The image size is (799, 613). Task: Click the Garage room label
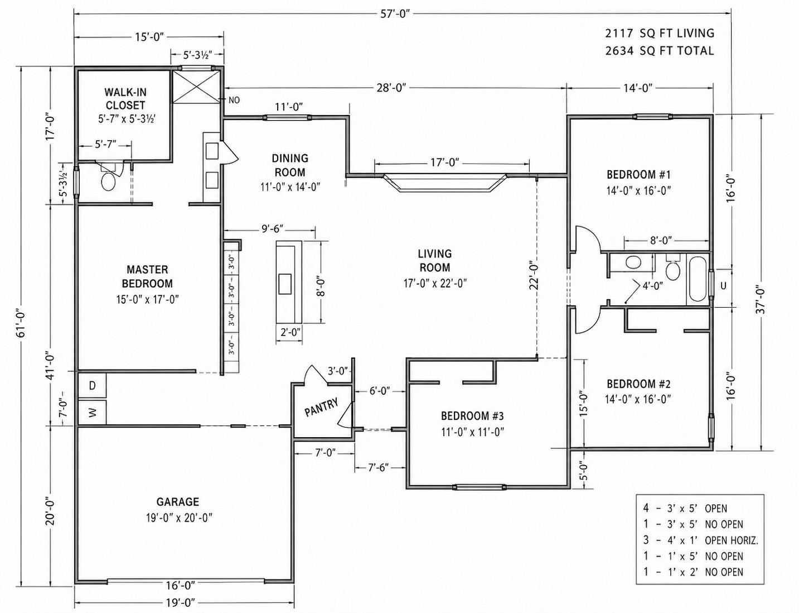point(177,502)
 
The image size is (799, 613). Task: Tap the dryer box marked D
point(93,385)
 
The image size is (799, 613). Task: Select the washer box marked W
point(93,413)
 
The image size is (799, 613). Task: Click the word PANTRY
point(321,407)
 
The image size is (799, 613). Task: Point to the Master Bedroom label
point(147,276)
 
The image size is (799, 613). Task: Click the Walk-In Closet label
point(125,99)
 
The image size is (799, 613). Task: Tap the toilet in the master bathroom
point(108,180)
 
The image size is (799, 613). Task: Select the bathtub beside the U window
point(698,279)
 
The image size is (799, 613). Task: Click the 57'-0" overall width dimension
point(395,13)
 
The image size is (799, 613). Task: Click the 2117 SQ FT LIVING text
point(660,33)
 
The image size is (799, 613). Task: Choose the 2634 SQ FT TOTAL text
point(660,51)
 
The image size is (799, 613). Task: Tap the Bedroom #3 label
point(472,416)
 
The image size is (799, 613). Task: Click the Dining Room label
point(290,165)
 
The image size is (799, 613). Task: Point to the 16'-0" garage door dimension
point(180,585)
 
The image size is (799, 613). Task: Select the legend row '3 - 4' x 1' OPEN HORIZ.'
point(700,540)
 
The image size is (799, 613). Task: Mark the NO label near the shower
point(234,100)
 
